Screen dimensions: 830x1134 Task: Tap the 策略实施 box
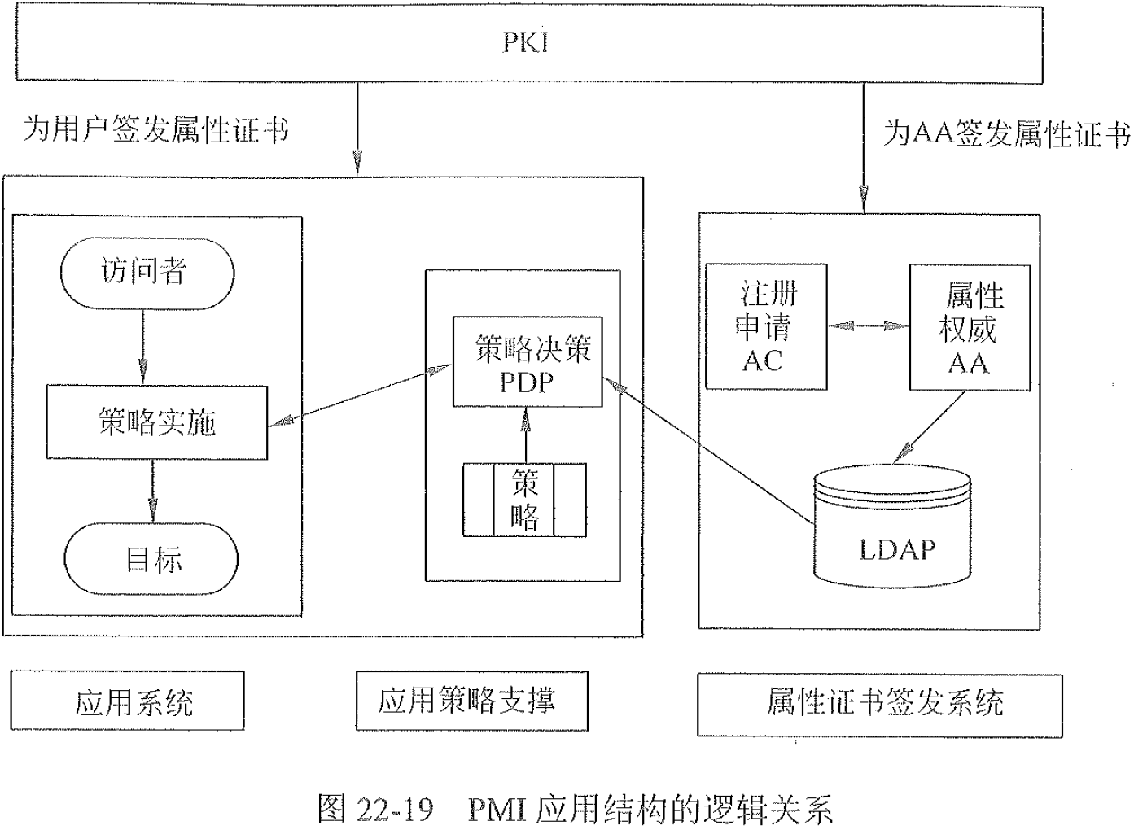(x=156, y=422)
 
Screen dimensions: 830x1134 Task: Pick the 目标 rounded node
(x=151, y=559)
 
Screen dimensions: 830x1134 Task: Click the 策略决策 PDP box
(x=528, y=362)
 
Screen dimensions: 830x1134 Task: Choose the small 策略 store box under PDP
(x=524, y=500)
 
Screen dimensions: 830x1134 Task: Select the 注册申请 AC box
(x=766, y=326)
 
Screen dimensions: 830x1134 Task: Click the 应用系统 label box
(x=128, y=701)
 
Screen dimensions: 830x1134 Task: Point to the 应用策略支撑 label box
(x=471, y=701)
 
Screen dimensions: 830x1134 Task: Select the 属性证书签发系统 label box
(x=879, y=704)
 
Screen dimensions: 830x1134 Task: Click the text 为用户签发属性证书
(x=155, y=129)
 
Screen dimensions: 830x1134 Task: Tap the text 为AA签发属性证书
(x=1006, y=133)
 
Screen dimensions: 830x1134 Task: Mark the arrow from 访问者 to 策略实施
(x=142, y=347)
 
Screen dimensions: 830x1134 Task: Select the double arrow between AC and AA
(x=869, y=326)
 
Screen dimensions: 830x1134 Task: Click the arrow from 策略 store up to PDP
(x=526, y=435)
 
